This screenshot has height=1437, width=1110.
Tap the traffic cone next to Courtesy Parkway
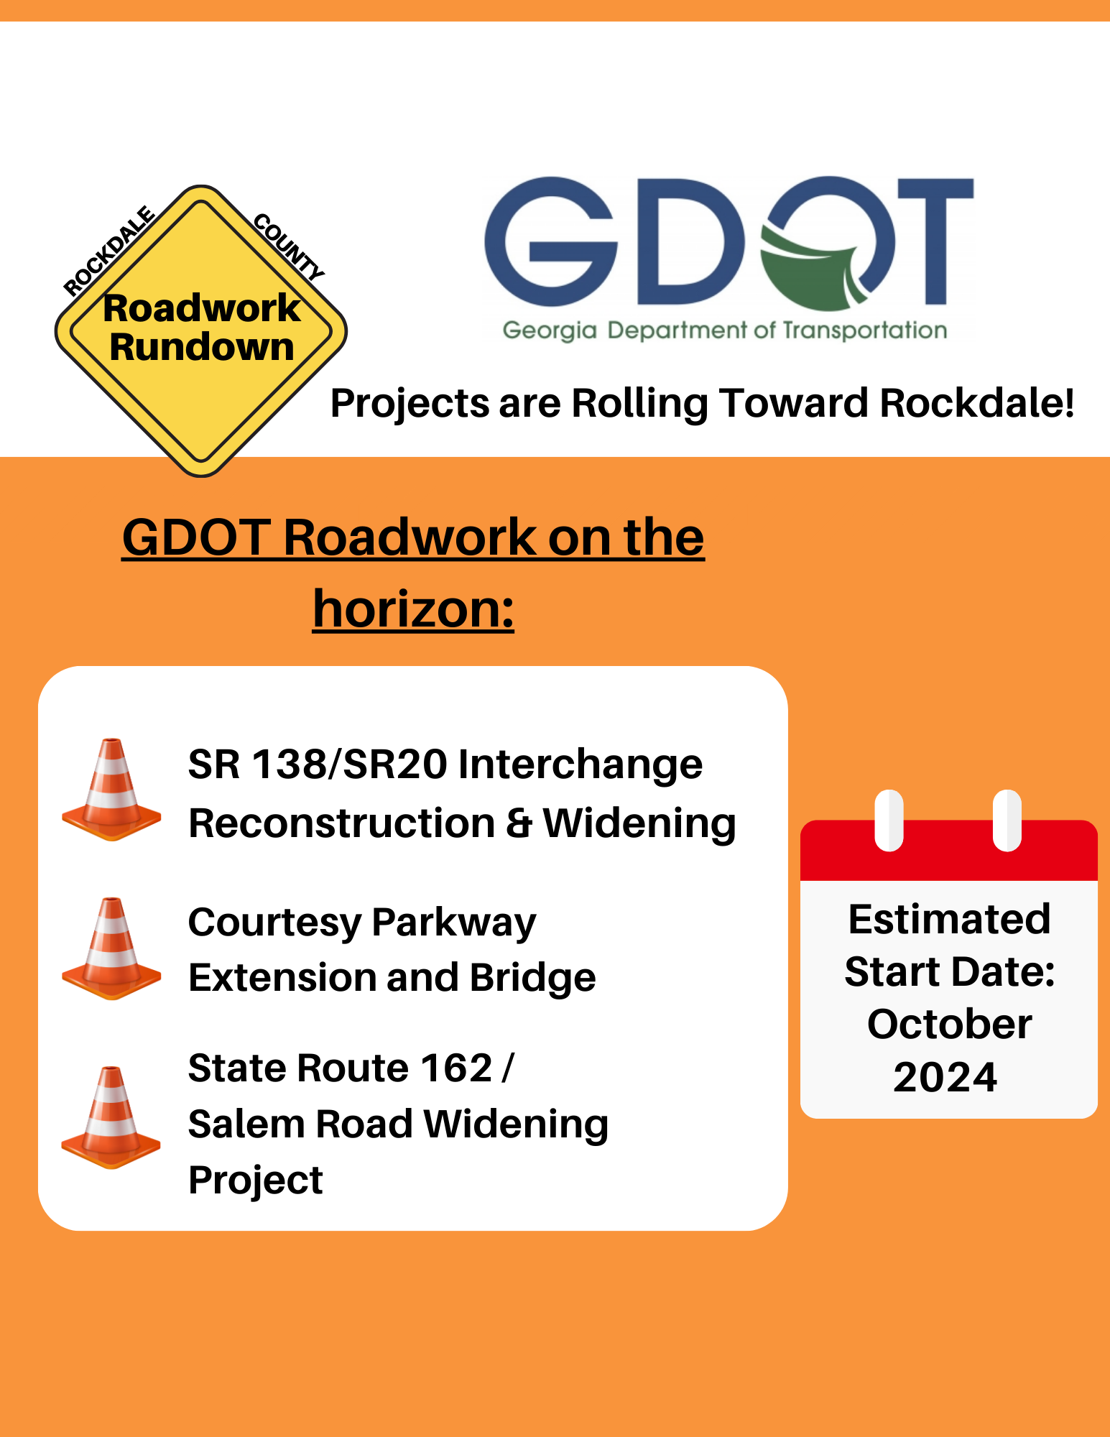click(x=111, y=948)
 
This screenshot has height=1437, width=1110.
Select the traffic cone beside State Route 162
click(x=111, y=1118)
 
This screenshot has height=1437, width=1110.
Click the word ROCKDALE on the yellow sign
click(x=109, y=251)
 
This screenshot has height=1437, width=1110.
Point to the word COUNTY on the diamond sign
click(x=289, y=247)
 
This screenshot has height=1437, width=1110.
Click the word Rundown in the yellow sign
click(x=202, y=347)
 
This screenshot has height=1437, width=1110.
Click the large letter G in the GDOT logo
click(x=551, y=240)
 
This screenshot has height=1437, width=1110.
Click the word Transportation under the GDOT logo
click(x=864, y=331)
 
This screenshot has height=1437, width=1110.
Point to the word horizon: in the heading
click(x=414, y=609)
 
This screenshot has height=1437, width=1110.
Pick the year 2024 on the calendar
click(x=945, y=1077)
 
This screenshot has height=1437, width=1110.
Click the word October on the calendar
click(x=949, y=1024)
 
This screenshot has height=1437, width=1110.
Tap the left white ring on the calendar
click(x=889, y=821)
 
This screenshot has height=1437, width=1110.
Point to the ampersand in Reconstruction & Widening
click(x=519, y=823)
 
